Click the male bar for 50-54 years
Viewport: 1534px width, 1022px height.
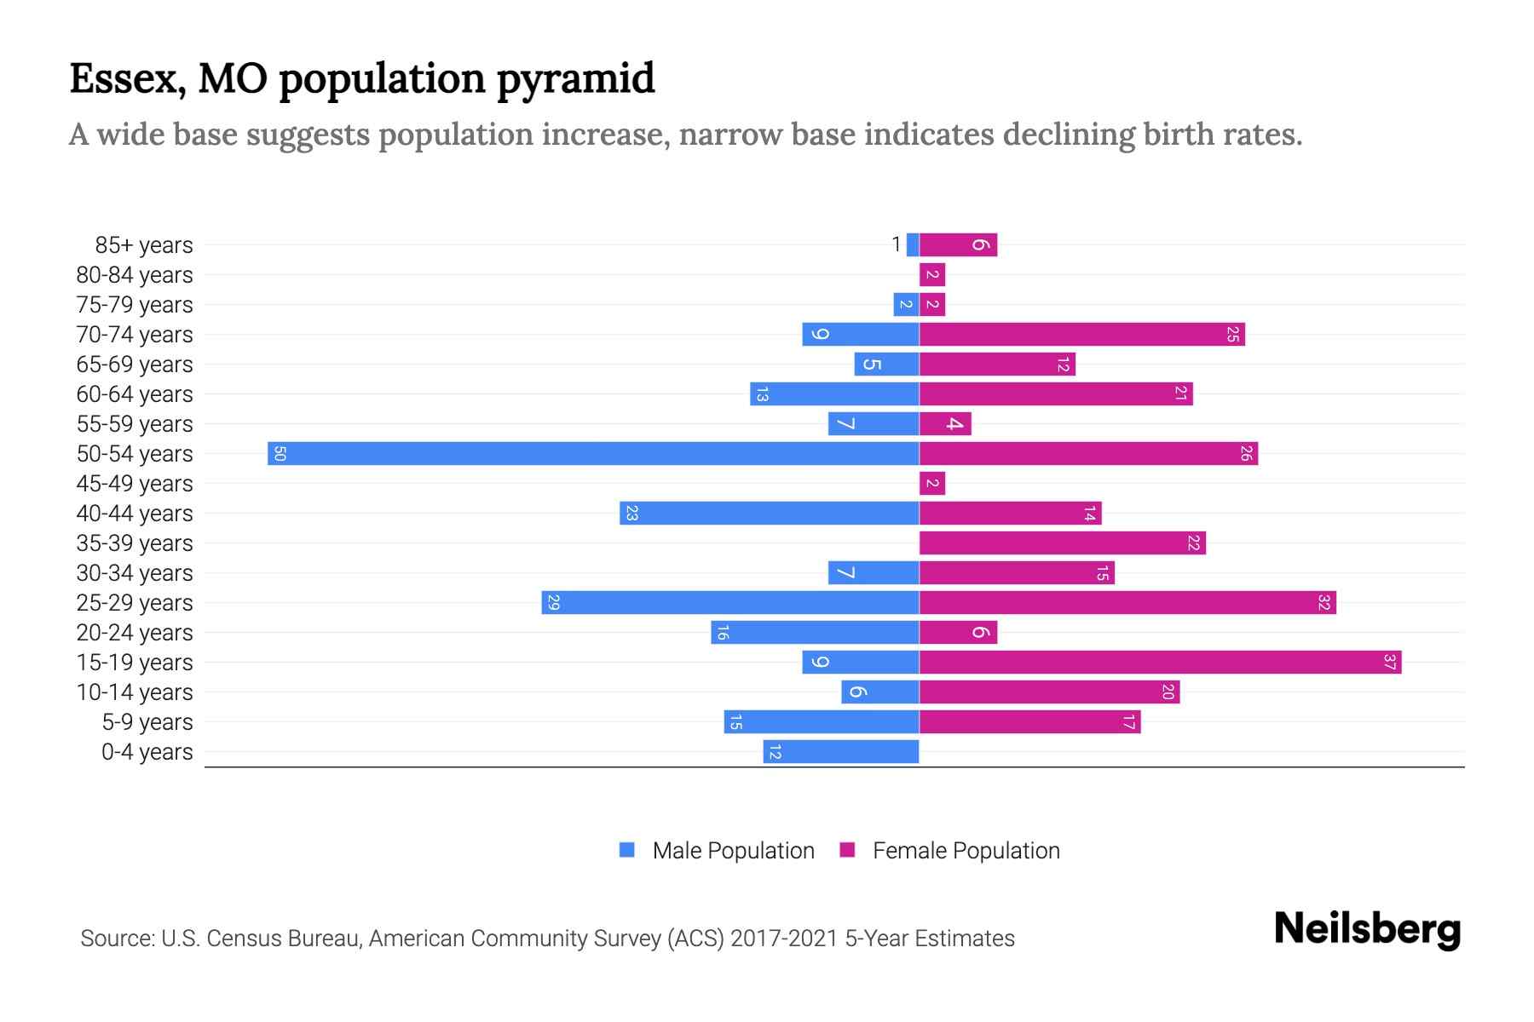(x=593, y=453)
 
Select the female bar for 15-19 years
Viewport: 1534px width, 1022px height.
(x=1160, y=662)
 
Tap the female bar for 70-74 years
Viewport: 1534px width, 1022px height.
(x=1081, y=334)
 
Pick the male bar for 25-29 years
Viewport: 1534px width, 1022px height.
(x=730, y=602)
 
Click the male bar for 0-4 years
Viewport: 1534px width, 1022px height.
(x=841, y=751)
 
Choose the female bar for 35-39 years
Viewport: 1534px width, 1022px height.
(x=1062, y=543)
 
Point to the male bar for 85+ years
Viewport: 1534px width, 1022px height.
(x=913, y=244)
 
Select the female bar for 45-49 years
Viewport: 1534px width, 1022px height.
(x=932, y=483)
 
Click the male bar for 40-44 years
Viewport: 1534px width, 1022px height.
(x=770, y=513)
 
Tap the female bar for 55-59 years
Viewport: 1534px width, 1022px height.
(x=945, y=423)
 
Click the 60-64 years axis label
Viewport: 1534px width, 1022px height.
(x=135, y=394)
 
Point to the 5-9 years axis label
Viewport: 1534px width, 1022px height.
(x=147, y=722)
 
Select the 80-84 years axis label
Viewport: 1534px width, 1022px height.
(x=135, y=275)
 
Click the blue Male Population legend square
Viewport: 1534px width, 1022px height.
(x=627, y=850)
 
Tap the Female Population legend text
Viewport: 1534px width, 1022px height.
(x=966, y=850)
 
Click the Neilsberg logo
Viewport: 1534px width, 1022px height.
(x=1367, y=929)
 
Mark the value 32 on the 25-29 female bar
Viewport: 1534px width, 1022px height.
(x=1324, y=602)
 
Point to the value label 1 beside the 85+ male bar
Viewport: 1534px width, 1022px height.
(x=896, y=244)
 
